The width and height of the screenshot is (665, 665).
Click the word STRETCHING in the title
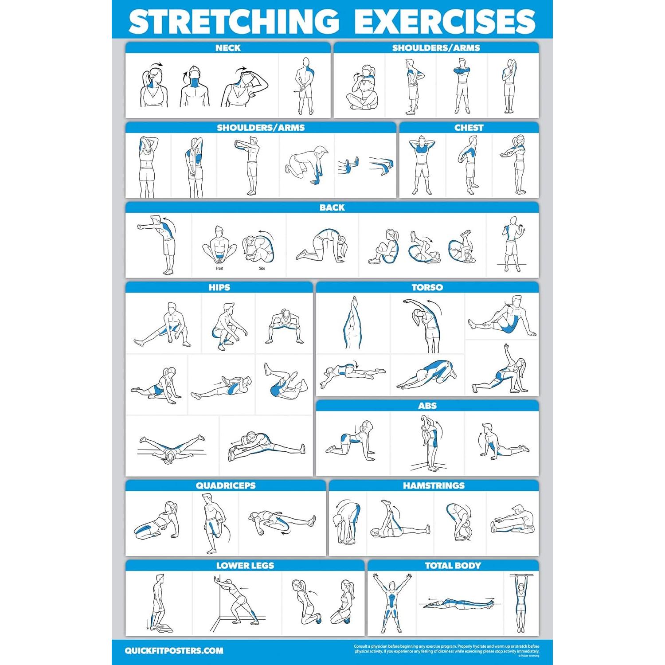point(234,21)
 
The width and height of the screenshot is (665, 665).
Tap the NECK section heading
point(228,48)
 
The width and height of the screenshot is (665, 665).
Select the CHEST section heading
point(469,128)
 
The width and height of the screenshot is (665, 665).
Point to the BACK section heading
point(332,207)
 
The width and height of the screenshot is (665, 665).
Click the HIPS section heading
point(219,287)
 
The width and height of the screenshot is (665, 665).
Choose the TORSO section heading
point(427,287)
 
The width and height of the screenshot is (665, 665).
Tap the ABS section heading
point(427,406)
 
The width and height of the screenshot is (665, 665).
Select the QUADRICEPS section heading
point(226,485)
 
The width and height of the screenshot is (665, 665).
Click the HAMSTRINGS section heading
point(434,485)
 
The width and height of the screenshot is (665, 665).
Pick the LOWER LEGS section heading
point(245,565)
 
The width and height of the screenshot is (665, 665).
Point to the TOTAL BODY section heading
point(453,565)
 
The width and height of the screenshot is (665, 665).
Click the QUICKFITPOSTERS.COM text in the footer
point(174,651)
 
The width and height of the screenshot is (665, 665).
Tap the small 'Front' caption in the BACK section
point(219,268)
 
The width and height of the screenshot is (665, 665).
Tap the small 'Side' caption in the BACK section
point(262,268)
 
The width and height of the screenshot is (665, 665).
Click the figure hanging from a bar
point(520,603)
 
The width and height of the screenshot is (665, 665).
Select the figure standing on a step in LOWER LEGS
point(158,603)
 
